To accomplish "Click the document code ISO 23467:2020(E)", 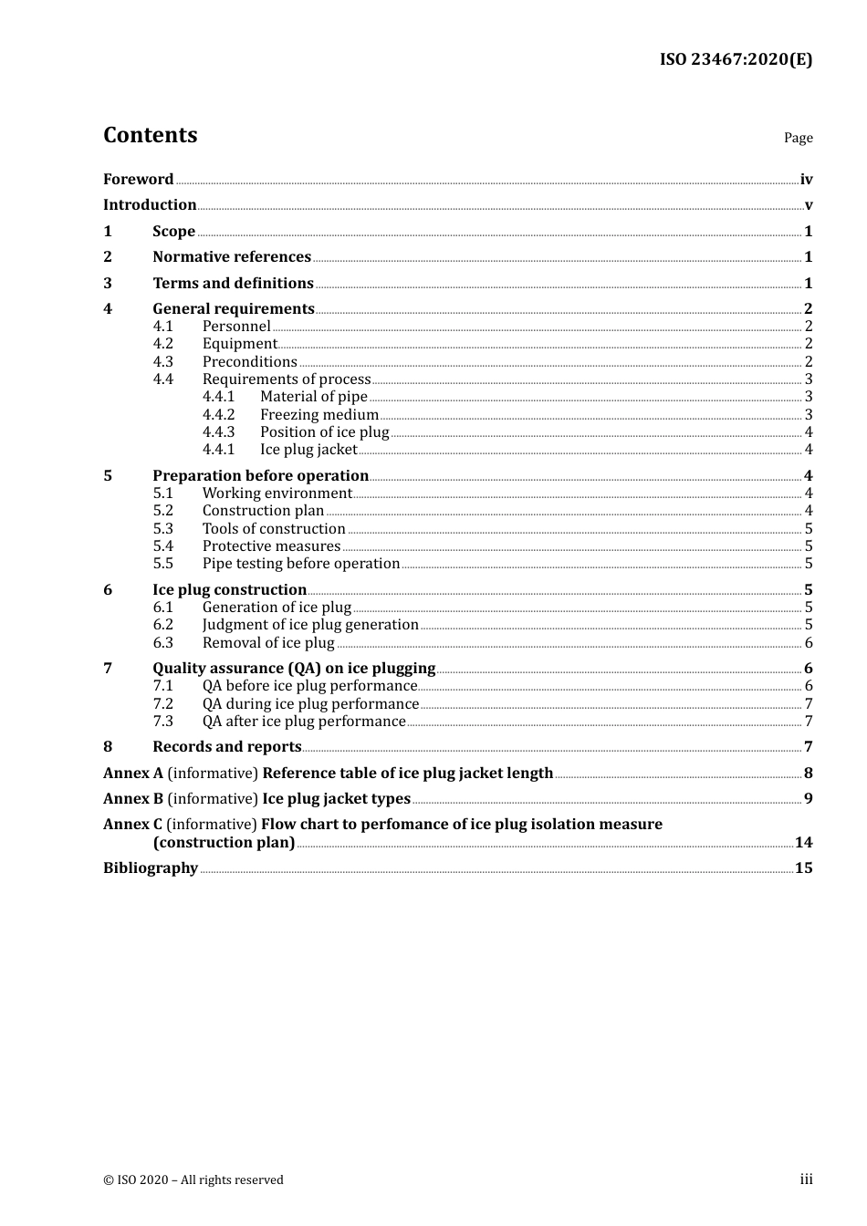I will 736,59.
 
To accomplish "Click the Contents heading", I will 150,135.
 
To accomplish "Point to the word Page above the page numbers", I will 798,138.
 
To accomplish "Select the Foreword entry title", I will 138,179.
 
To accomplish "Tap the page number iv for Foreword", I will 806,180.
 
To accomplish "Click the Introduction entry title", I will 150,204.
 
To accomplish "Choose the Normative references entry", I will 232,256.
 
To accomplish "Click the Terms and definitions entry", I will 233,283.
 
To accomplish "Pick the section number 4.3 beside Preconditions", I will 162,361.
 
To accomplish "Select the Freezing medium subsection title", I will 319,414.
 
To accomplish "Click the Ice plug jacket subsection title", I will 308,449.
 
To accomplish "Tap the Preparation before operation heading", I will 260,475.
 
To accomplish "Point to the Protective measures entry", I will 271,545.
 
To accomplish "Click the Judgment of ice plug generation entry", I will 310,624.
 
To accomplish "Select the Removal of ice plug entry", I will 268,642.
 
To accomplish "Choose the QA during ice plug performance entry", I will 310,703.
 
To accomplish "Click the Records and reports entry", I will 227,746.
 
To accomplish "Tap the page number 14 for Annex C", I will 803,842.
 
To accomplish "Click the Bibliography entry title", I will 151,868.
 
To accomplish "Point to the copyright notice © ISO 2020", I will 193,1179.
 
